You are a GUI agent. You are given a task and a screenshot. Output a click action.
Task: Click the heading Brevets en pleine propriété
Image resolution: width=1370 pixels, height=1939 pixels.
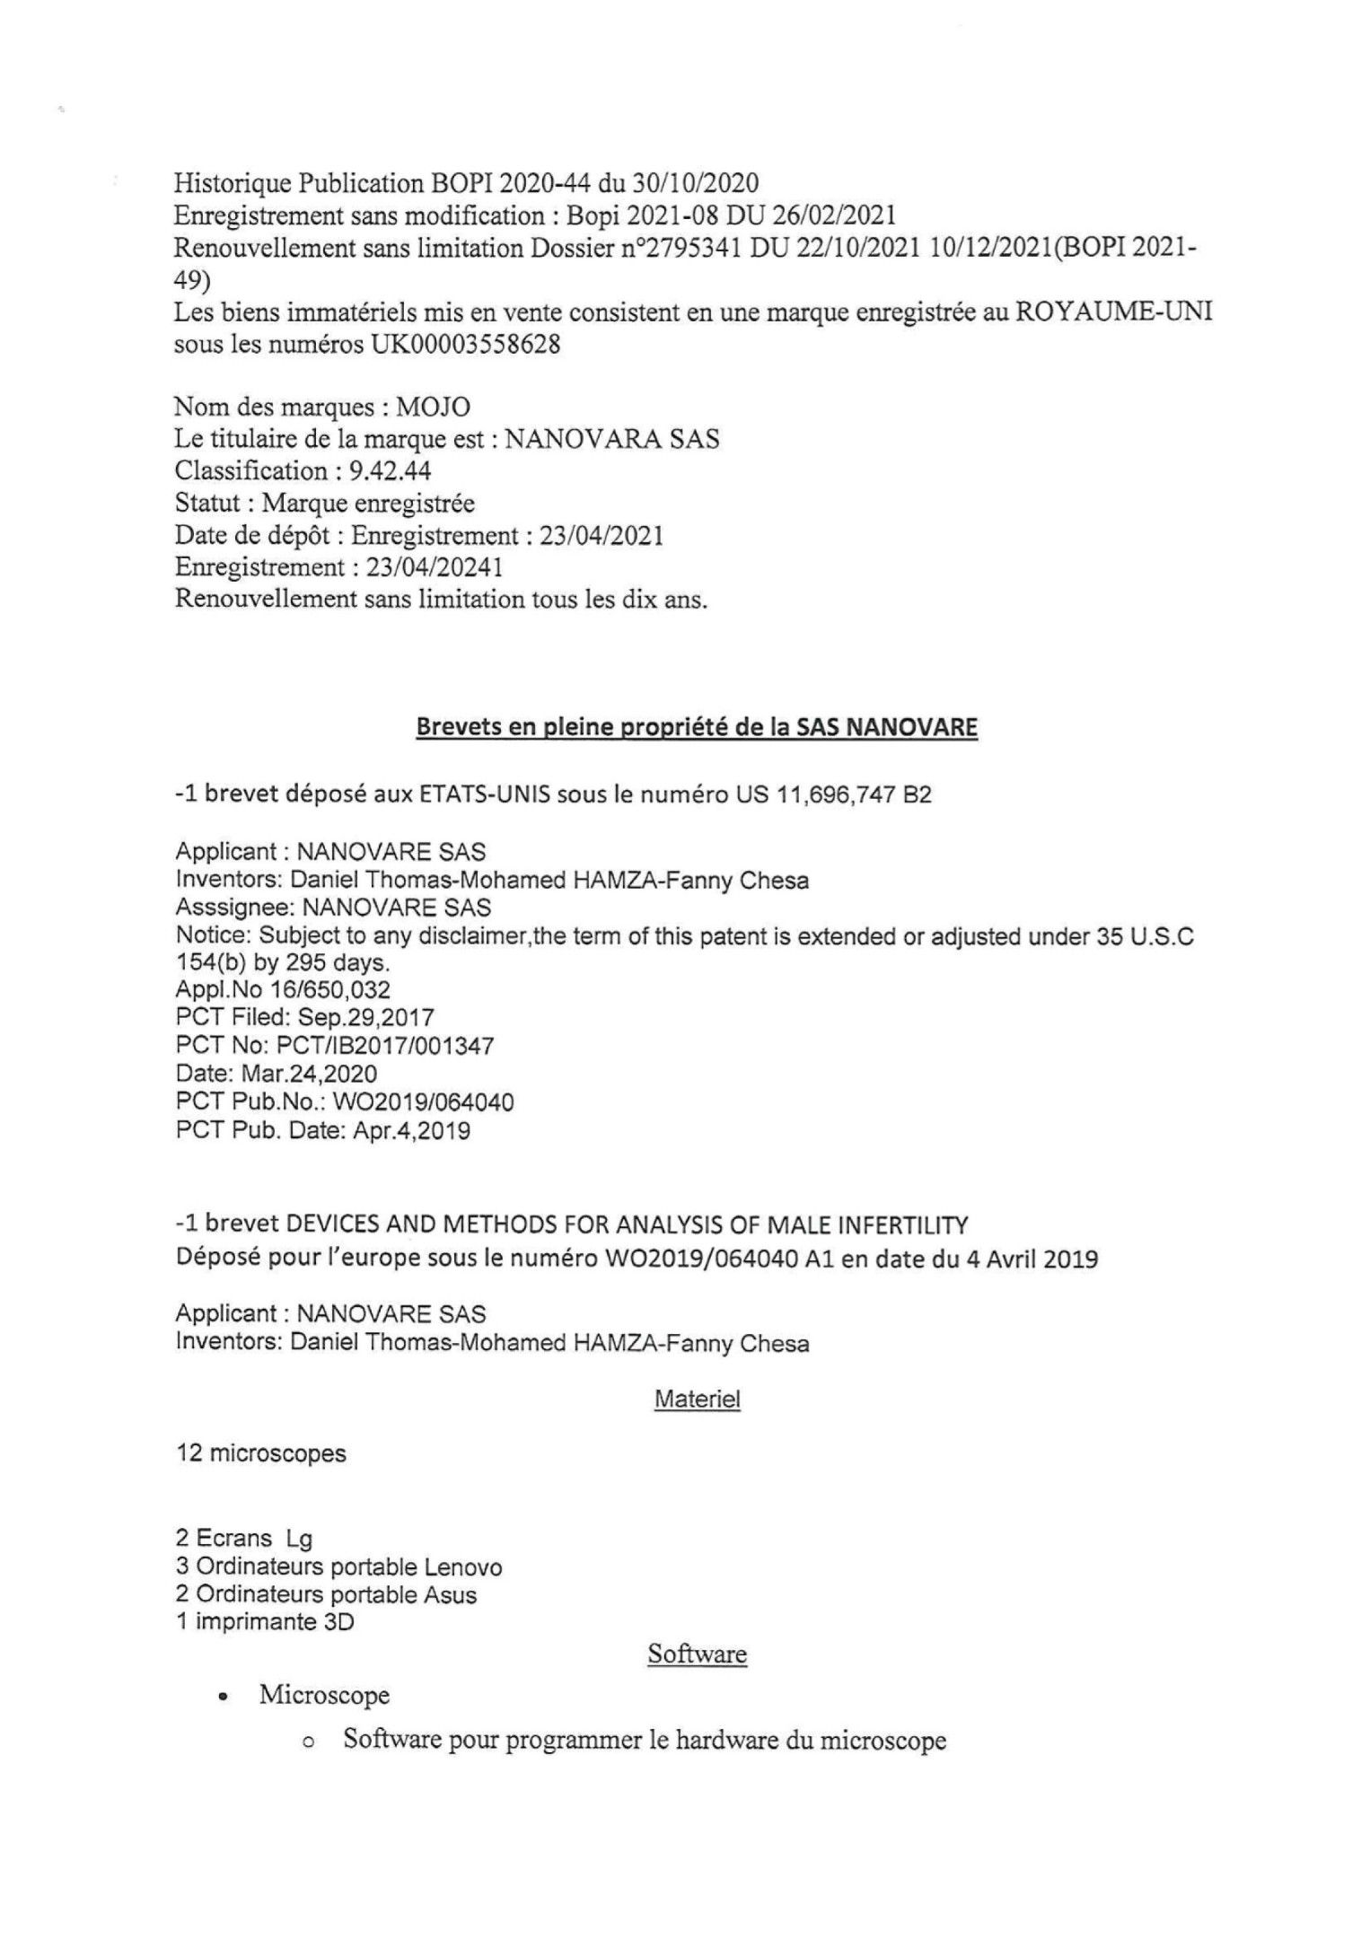(696, 727)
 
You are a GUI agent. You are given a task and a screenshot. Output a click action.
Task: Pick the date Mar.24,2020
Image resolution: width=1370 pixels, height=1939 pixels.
(310, 1075)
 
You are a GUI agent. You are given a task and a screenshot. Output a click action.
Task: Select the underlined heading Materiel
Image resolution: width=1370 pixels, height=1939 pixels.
(698, 1399)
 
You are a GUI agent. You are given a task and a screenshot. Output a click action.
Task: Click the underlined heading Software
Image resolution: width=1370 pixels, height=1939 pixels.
(697, 1654)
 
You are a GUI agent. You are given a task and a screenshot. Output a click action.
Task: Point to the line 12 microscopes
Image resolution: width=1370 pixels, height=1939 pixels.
(260, 1453)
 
